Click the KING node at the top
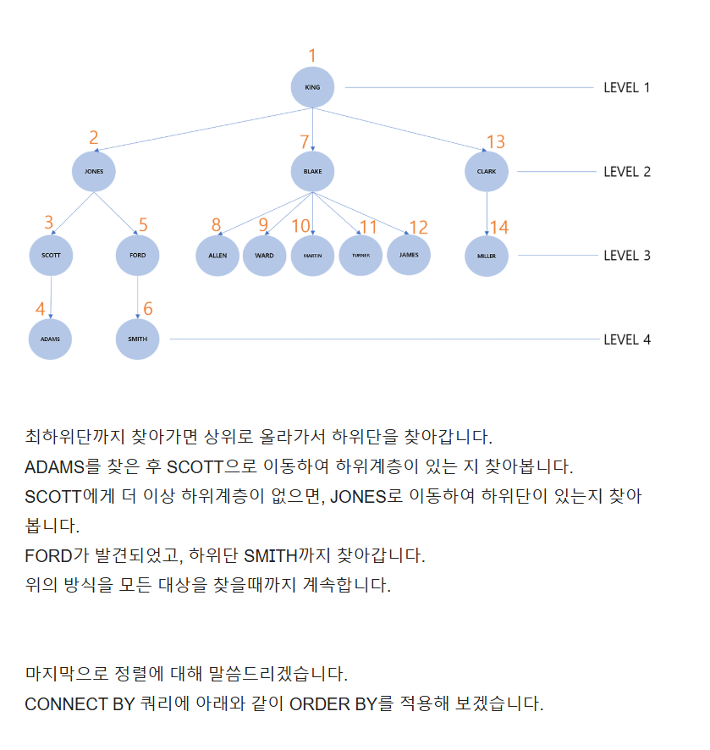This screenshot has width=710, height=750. (312, 87)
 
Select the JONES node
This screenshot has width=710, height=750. (93, 171)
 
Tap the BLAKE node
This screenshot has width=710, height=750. (312, 171)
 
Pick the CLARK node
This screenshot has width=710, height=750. (487, 171)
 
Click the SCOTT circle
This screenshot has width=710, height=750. (51, 255)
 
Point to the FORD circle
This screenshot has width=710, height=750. (137, 255)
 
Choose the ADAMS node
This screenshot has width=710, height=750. (50, 339)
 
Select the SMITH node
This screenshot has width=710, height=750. (137, 339)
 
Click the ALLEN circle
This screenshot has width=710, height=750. (217, 255)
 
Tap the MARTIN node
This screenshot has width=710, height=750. (312, 255)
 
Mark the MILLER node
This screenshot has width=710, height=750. (487, 256)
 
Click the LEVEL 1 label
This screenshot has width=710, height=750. (626, 87)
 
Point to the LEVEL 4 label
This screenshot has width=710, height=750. (626, 339)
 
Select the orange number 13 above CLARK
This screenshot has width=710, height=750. (495, 141)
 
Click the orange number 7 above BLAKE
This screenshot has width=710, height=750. (305, 141)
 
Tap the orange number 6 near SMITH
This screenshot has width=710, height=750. (148, 309)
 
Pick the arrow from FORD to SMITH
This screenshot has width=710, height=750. (137, 296)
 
